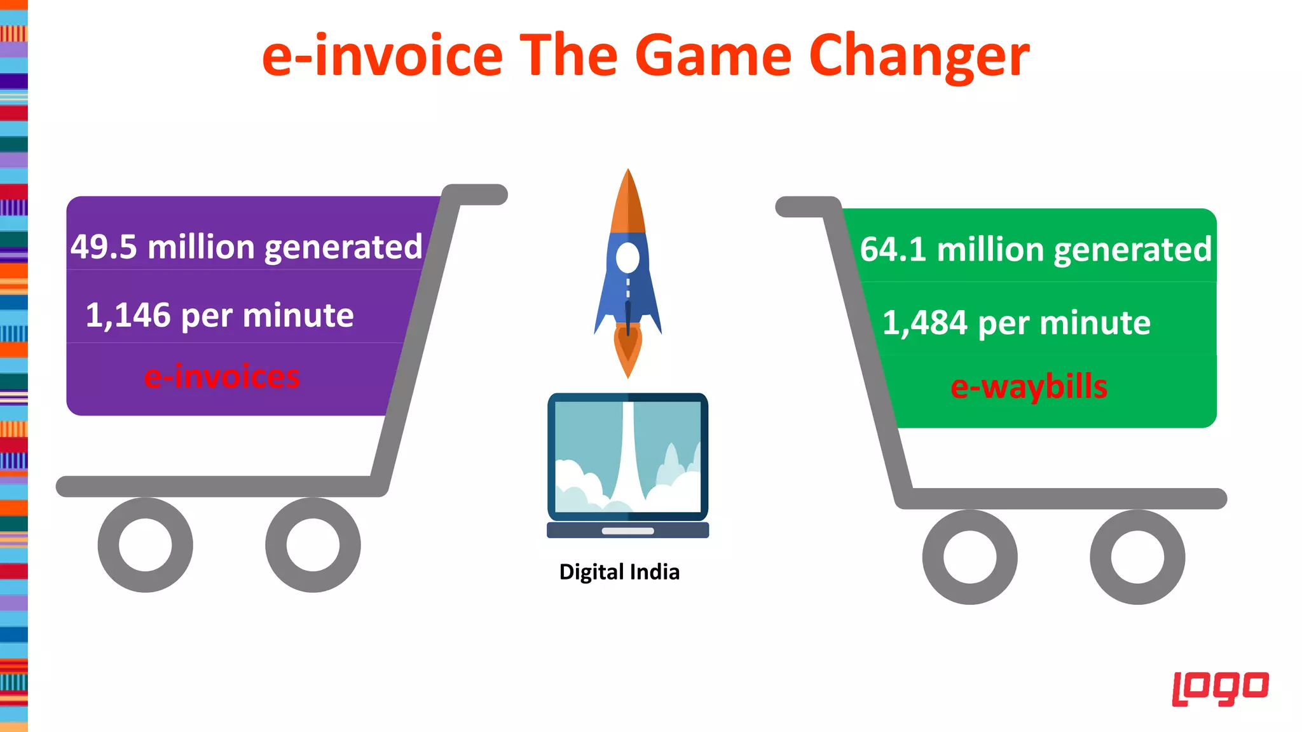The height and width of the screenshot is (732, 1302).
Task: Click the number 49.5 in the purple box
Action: coord(104,247)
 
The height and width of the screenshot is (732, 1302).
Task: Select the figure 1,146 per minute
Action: coord(219,315)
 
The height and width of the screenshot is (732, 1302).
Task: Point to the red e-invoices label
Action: coord(222,376)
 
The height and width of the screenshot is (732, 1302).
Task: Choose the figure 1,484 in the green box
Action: coord(925,323)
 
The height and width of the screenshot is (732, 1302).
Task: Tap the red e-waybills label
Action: coord(1029,386)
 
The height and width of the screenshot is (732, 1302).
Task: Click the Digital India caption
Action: coord(619,572)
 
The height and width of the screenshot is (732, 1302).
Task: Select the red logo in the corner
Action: coord(1220,688)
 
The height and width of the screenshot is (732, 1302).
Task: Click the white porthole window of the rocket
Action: coord(627,258)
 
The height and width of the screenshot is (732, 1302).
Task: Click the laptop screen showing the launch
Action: coord(628,456)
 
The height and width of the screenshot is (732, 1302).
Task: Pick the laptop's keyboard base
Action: coord(628,531)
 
